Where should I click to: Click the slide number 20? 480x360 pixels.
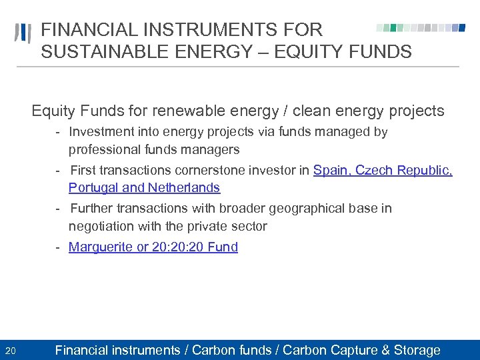pyautogui.click(x=11, y=351)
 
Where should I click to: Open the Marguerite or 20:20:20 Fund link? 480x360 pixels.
pyautogui.click(x=153, y=247)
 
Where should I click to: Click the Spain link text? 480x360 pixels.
pyautogui.click(x=331, y=171)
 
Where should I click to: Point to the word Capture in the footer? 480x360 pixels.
pyautogui.click(x=352, y=350)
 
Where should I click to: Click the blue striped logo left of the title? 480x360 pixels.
pyautogui.click(x=22, y=33)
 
